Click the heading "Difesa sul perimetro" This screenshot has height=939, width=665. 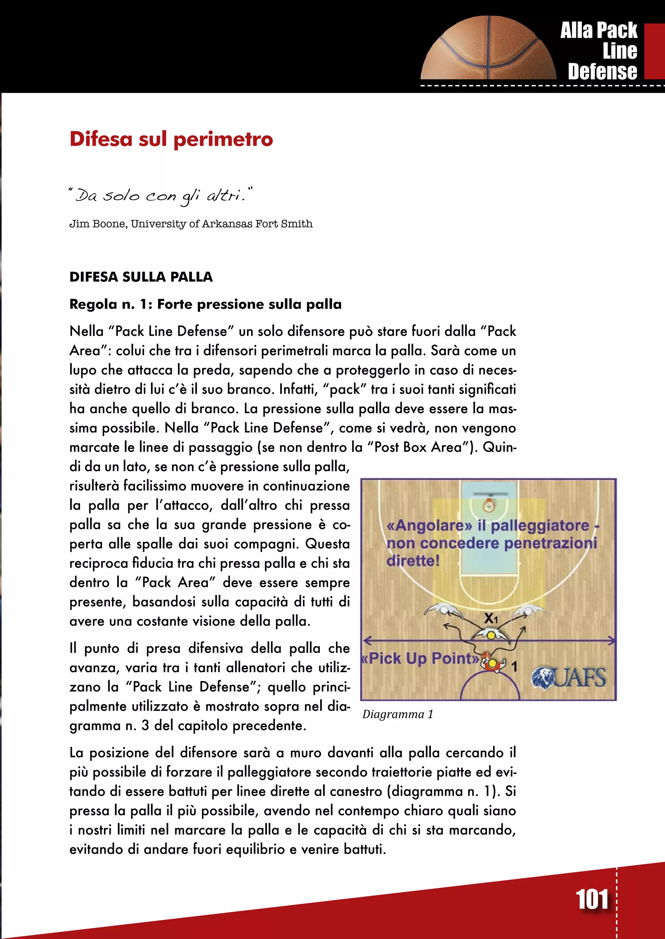171,139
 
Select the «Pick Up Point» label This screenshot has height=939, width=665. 420,658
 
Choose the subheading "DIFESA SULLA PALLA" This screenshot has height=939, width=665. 141,277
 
